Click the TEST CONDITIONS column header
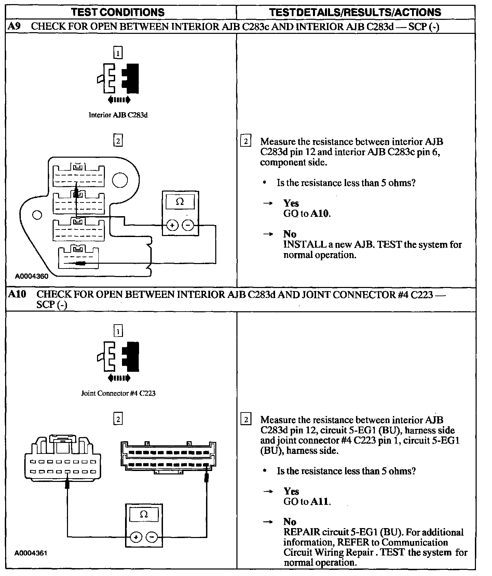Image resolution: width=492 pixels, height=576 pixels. (118, 12)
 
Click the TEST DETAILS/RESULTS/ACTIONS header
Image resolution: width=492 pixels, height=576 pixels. (355, 12)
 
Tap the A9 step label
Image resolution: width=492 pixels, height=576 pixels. (14, 27)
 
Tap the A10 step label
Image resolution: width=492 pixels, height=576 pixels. (17, 294)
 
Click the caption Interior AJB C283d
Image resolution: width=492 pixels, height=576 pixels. (118, 115)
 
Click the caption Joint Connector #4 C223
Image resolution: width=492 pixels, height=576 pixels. (118, 393)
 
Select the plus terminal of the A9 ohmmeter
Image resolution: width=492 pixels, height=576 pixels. (172, 225)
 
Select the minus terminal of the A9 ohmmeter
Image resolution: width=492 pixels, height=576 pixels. (188, 225)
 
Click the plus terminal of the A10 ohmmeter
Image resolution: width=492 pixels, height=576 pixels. (136, 537)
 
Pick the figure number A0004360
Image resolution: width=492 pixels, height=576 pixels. (31, 276)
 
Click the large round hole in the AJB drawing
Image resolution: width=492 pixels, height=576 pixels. (120, 181)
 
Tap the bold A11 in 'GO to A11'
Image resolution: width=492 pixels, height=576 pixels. (320, 502)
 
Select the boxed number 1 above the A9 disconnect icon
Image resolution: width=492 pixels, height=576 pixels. (118, 53)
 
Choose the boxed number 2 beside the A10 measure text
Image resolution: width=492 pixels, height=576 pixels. (246, 419)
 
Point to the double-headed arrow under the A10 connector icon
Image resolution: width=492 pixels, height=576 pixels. (119, 378)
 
